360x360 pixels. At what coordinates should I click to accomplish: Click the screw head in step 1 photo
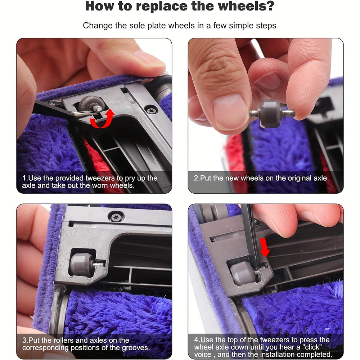[x=149, y=108]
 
